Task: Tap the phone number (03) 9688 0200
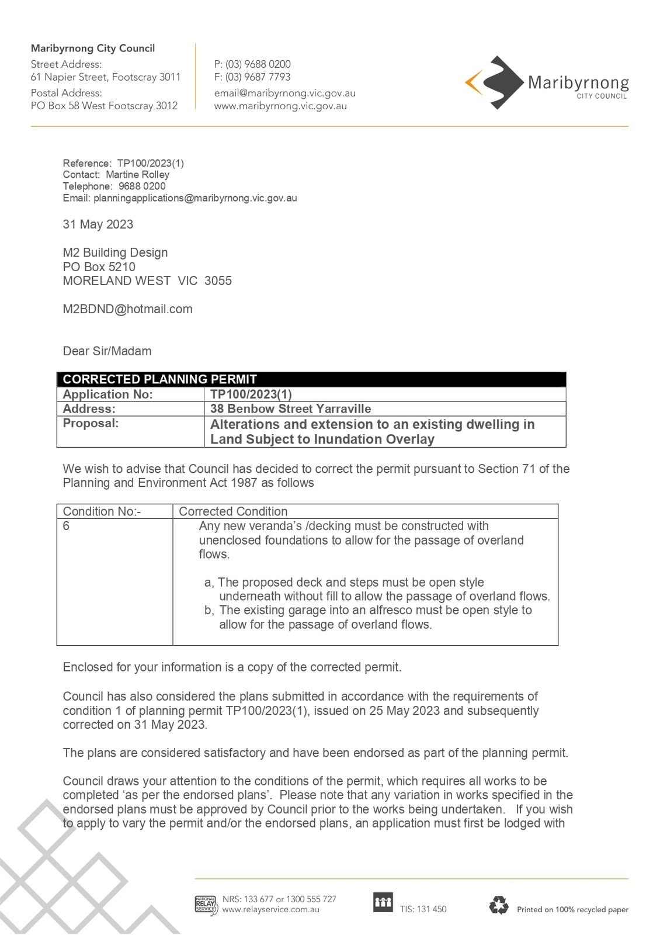(258, 64)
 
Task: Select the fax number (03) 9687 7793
(258, 77)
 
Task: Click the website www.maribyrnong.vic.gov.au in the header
(280, 106)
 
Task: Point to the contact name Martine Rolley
(137, 175)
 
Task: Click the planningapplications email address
(195, 198)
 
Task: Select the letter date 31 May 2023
(98, 224)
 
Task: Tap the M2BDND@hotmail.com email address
(127, 309)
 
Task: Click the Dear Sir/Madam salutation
(107, 351)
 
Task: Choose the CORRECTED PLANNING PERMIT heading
(159, 379)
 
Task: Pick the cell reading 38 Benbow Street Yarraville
(290, 409)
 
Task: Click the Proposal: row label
(91, 423)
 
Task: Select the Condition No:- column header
(102, 511)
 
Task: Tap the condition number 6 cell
(67, 526)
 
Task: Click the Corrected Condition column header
(233, 511)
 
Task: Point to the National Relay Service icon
(206, 905)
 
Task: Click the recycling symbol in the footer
(499, 905)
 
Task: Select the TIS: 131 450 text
(423, 909)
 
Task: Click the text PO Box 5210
(99, 267)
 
